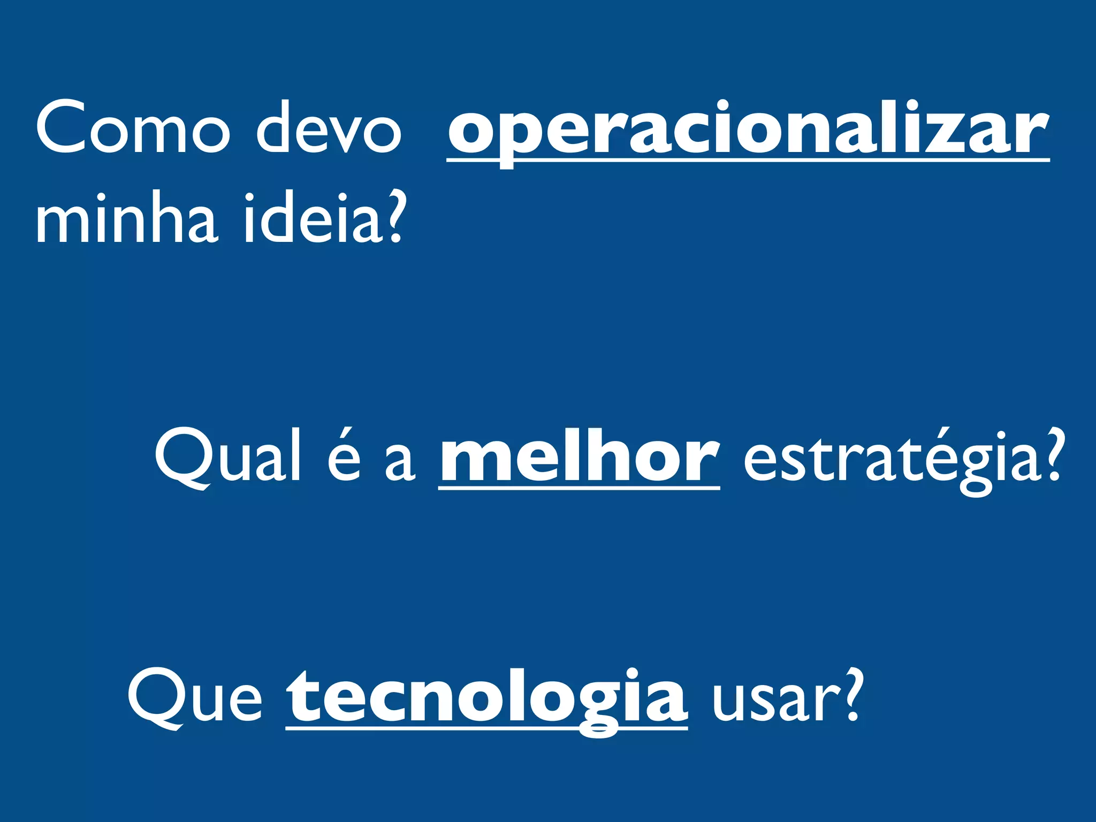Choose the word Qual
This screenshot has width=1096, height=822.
click(227, 458)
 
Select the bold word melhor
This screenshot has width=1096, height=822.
click(579, 458)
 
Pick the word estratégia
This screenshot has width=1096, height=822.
click(888, 460)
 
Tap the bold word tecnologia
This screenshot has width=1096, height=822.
click(486, 698)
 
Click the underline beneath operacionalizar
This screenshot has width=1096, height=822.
click(748, 159)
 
